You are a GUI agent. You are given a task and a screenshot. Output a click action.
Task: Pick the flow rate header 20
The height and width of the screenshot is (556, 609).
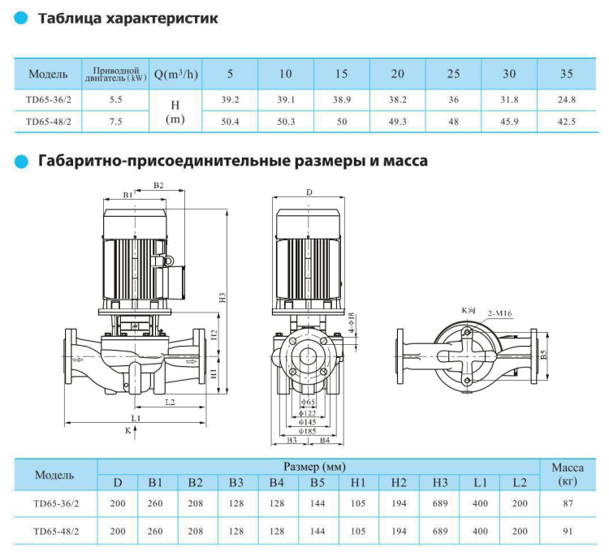click(397, 74)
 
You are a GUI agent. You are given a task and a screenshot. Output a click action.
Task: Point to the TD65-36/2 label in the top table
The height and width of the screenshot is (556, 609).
click(47, 100)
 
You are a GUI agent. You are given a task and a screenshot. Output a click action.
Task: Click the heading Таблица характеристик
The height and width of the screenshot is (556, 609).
click(128, 18)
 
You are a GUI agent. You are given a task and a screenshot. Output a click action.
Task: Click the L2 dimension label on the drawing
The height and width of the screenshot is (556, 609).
click(169, 402)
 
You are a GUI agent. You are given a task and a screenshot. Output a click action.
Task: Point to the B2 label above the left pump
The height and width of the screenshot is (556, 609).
click(158, 186)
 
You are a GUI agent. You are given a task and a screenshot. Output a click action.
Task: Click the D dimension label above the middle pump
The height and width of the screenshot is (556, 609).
click(309, 192)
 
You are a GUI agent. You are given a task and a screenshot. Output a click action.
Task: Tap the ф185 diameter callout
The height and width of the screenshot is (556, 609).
click(307, 431)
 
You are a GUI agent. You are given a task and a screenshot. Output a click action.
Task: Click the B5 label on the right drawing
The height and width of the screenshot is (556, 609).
click(545, 355)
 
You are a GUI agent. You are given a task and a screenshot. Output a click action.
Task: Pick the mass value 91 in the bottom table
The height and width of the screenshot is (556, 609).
click(568, 532)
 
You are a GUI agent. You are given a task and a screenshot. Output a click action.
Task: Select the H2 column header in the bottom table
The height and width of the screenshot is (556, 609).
click(399, 483)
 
